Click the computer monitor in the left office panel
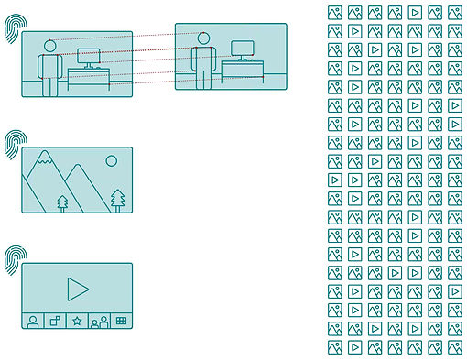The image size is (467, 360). tap(90, 58)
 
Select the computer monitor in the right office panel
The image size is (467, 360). tap(243, 49)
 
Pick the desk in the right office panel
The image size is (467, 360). tap(243, 70)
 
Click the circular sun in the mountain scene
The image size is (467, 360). tap(112, 161)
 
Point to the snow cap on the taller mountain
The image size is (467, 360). tap(43, 162)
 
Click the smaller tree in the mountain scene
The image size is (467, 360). tap(62, 201)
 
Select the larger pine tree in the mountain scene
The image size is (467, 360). tap(117, 198)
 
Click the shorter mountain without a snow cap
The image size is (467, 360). tap(77, 187)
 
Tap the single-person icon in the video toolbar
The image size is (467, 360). tap(33, 321)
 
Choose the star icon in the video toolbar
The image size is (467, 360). tap(77, 321)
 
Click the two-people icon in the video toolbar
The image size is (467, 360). tap(100, 321)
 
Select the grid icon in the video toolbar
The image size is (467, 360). tap(121, 321)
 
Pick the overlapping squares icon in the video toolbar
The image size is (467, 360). tap(55, 321)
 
